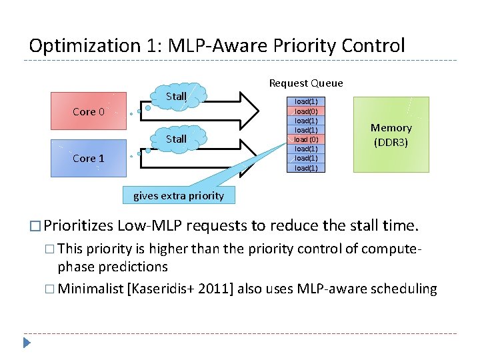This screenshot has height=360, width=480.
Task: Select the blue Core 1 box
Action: (89, 158)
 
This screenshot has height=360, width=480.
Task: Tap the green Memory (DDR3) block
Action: (391, 135)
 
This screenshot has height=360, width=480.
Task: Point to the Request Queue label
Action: (306, 83)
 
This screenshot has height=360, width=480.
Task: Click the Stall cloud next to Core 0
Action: (176, 96)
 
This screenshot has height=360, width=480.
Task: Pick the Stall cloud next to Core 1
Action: (176, 139)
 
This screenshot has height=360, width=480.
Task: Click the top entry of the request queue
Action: (306, 102)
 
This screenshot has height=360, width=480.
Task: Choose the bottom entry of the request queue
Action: (306, 168)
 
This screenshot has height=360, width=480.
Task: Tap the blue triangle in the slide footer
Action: (26, 344)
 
